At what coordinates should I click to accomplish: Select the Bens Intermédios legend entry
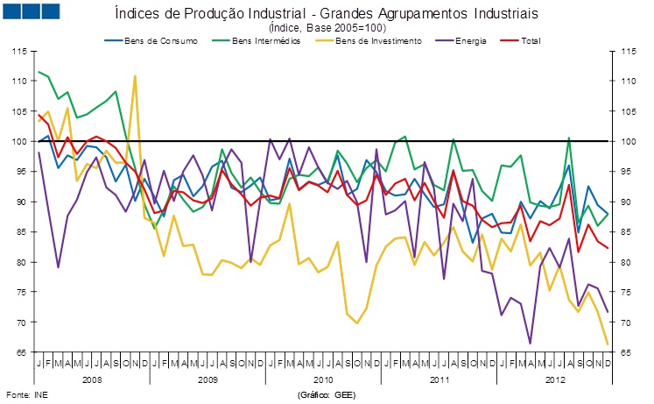[264, 40]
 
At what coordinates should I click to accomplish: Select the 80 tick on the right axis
[624, 263]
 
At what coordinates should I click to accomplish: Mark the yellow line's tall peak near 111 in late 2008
[135, 76]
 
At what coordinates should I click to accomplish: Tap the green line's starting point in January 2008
[39, 72]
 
